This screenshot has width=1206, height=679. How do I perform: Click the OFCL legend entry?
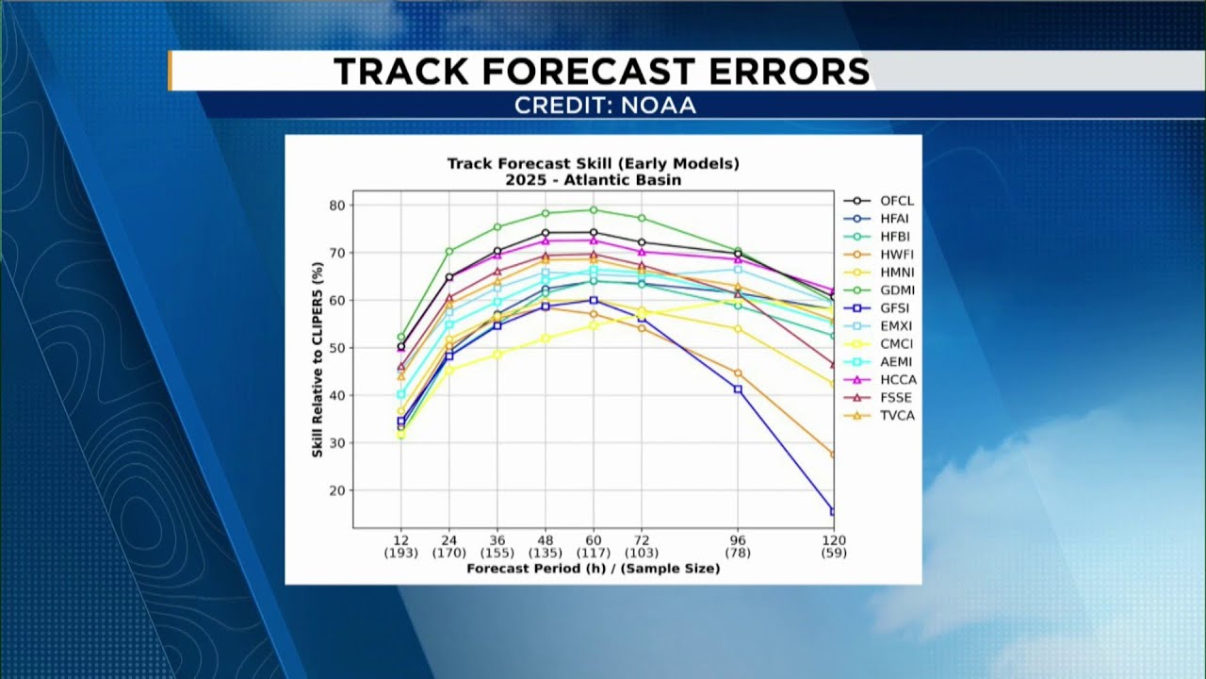879,201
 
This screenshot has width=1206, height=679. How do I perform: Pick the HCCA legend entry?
880,380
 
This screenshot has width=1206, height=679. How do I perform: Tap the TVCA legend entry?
879,416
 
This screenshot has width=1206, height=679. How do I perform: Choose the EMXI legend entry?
880,326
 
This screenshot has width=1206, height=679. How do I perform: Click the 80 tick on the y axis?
337,206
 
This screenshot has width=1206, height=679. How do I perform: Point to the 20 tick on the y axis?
337,490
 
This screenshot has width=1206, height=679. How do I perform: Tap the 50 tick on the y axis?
337,348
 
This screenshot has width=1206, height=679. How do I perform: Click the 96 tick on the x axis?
738,540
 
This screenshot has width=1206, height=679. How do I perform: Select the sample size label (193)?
401,553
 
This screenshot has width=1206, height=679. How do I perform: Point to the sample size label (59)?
834,553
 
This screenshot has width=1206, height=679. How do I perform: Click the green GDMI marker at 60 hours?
594,210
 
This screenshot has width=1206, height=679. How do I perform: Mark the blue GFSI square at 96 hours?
738,389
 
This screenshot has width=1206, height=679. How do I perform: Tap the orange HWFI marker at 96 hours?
738,373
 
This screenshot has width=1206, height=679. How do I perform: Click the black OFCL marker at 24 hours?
449,277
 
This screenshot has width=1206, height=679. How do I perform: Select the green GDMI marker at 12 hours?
401,337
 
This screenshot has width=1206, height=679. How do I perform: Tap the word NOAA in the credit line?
659,106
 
